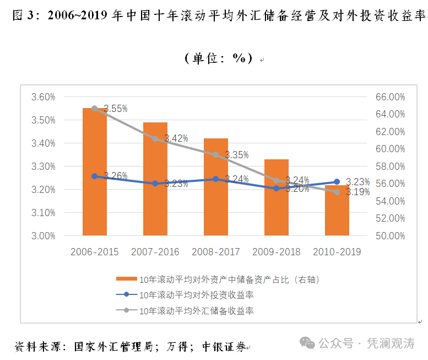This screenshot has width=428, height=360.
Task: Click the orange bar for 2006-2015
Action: (95, 171)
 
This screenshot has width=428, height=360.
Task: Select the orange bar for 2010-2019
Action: (337, 210)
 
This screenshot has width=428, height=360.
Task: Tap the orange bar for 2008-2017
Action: (216, 187)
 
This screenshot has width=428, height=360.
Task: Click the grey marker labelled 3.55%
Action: (95, 109)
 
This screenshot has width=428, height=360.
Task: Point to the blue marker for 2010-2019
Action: (337, 181)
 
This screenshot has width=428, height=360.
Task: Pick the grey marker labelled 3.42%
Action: (155, 139)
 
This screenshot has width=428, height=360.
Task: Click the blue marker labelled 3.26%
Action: (95, 176)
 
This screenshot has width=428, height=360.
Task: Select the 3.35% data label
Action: (237, 155)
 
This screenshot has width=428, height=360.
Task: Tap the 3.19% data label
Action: (358, 192)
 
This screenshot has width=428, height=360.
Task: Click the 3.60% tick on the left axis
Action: (44, 97)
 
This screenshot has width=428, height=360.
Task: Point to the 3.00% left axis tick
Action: (44, 236)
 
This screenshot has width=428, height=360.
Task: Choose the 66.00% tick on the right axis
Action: (391, 97)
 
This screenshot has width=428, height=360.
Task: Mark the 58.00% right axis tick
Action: (391, 166)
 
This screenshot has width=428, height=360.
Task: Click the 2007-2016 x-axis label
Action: (155, 252)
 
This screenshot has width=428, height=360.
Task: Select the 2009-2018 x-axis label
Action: (276, 252)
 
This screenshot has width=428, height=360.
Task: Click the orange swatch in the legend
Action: (127, 279)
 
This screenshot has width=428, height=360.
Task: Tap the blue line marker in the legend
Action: (126, 294)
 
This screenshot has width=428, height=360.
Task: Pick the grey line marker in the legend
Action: (126, 310)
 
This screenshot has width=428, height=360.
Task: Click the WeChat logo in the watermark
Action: (307, 343)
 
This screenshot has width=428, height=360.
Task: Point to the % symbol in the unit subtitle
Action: (239, 58)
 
